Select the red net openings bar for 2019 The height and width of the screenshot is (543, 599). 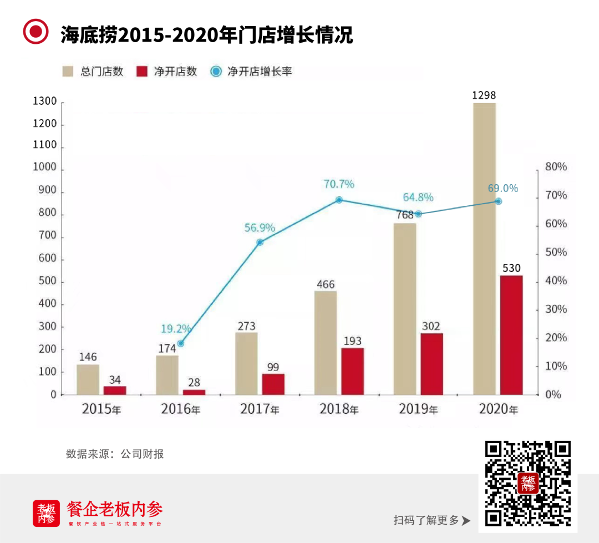click(432, 363)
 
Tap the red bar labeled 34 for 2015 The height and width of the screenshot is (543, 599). click(115, 390)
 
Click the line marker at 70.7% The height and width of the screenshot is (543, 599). click(339, 200)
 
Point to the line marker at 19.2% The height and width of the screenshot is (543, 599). click(180, 343)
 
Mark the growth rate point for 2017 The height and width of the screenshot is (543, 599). click(260, 242)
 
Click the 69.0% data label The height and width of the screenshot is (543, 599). click(502, 188)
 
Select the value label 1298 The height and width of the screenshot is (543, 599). click(484, 95)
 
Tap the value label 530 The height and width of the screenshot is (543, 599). click(511, 268)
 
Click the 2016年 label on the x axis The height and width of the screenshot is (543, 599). click(180, 410)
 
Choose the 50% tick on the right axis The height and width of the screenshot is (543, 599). click(556, 252)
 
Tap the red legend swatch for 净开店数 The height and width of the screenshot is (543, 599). click(143, 72)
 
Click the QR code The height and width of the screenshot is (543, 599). click(528, 483)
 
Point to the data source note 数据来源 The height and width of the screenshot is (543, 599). click(115, 454)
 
